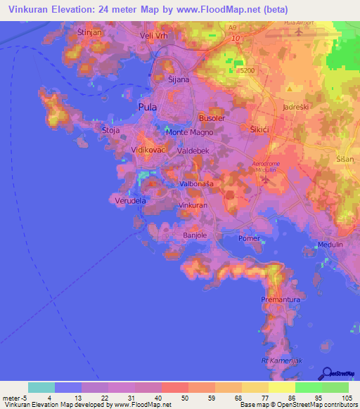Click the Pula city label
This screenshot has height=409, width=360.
pos(148,108)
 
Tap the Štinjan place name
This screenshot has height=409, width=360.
pos(92,32)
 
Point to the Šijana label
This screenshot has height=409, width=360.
pos(179,80)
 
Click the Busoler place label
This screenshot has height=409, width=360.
pos(212,119)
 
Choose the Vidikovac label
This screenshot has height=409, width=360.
pos(148,150)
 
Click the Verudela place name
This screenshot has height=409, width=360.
pos(130,200)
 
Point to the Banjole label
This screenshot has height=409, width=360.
pos(195,235)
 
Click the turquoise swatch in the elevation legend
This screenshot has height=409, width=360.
pos(41,387)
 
